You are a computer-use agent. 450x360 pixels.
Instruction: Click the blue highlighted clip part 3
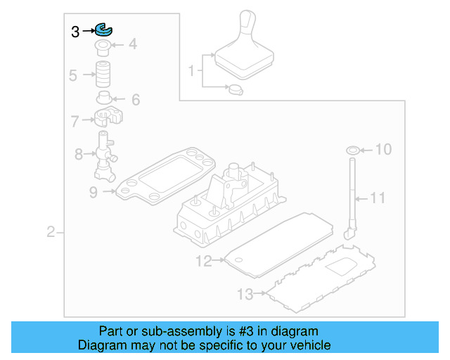[x=104, y=30]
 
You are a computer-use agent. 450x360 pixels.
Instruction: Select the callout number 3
[x=76, y=31]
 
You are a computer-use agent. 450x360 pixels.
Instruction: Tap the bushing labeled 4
[x=104, y=48]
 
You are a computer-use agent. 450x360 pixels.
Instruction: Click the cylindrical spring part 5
[x=105, y=74]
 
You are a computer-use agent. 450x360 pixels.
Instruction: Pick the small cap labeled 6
[x=105, y=97]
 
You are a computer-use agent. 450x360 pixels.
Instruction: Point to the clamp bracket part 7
[x=106, y=117]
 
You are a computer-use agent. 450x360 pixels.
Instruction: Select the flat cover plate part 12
[x=276, y=244]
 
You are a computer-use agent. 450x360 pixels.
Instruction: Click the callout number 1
[x=191, y=71]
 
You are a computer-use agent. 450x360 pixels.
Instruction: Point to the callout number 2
[x=51, y=232]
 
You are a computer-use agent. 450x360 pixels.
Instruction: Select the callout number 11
[x=378, y=198]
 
